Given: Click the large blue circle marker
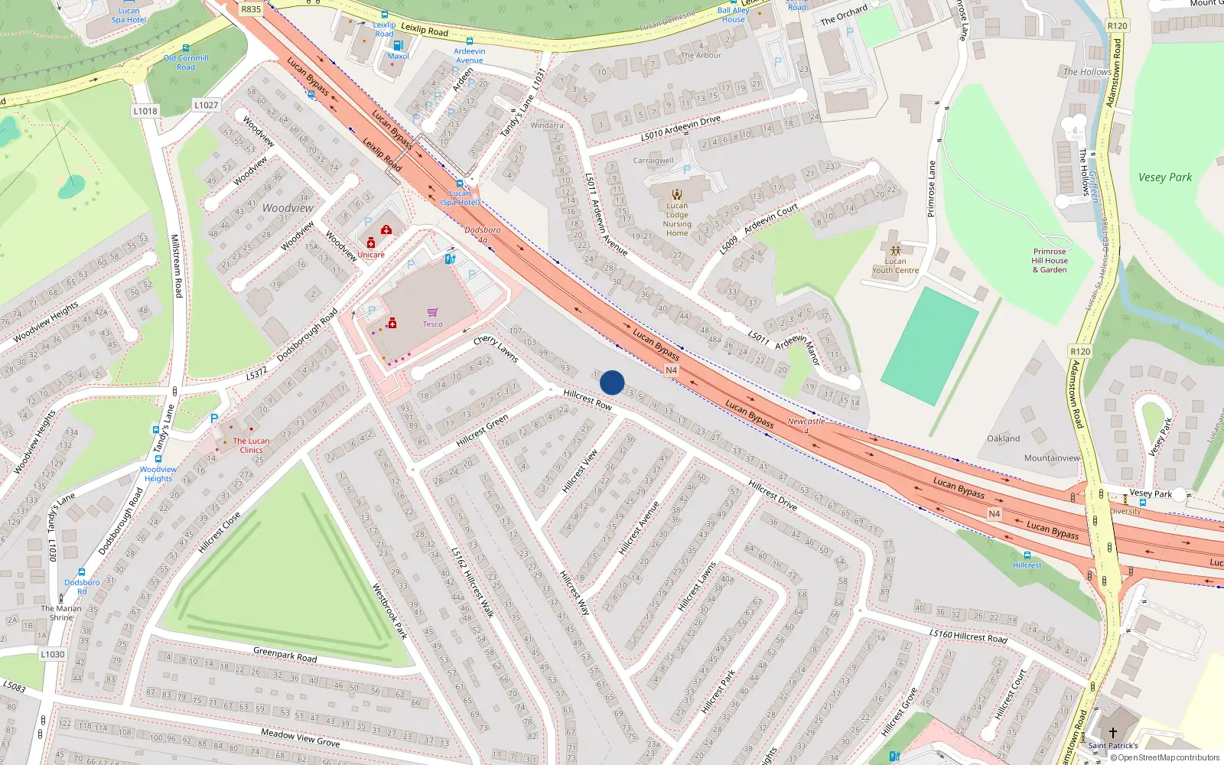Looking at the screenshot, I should [612, 382].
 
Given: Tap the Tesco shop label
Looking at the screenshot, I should [432, 324].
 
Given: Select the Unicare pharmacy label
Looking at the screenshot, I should [371, 255].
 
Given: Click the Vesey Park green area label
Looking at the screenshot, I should [1164, 177].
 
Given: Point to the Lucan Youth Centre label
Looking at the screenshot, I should [895, 265].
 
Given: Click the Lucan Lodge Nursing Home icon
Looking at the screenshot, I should [676, 194].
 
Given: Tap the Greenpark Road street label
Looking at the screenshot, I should [285, 655].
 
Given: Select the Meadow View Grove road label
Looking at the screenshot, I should [300, 737].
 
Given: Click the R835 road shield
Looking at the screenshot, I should [251, 9].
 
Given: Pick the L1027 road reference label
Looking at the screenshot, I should [206, 105].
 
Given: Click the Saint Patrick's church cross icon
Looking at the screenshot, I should [1113, 732].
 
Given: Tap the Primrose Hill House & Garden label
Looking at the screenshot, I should [1050, 260].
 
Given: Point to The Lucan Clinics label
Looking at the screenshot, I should [251, 445].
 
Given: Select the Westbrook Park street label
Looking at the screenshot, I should [389, 611].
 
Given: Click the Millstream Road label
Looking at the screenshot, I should [176, 265].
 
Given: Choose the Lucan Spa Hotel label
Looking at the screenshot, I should [129, 15].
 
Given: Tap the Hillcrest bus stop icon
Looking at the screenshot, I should [1027, 555].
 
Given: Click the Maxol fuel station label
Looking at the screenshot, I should [398, 56].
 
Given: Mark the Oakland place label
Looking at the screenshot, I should [1003, 438].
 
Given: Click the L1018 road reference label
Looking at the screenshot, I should [145, 111].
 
